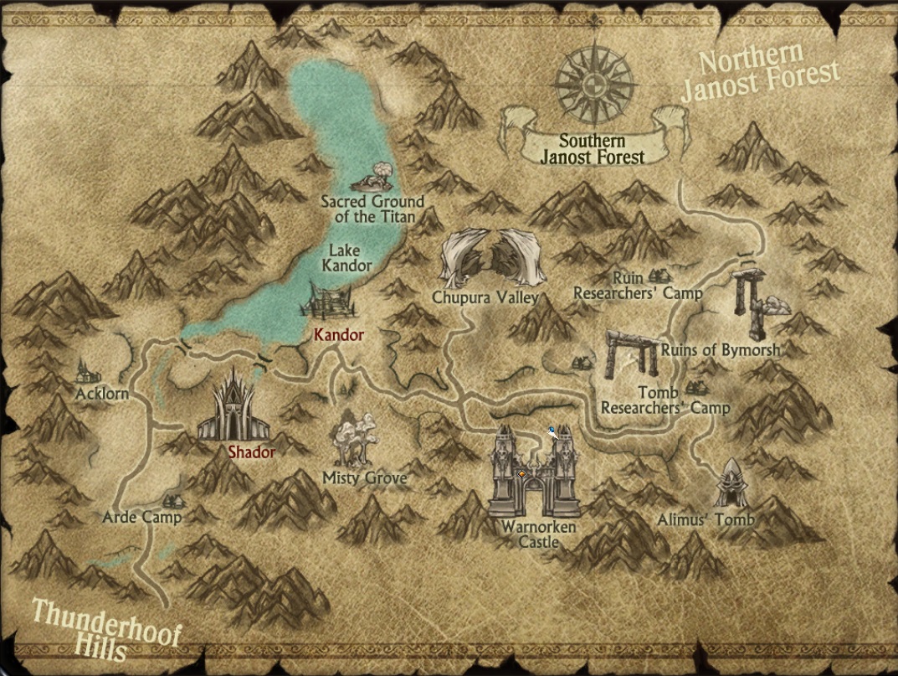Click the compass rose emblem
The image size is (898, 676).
(593, 82)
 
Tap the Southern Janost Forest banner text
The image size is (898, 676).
(592, 149)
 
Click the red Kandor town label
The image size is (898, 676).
(339, 335)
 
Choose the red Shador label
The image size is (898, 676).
(252, 452)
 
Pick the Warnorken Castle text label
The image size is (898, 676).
(538, 534)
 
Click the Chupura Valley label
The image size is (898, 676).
(485, 298)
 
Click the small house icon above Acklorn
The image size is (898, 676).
(85, 369)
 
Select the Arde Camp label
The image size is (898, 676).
(141, 517)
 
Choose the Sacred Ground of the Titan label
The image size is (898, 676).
(372, 209)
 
